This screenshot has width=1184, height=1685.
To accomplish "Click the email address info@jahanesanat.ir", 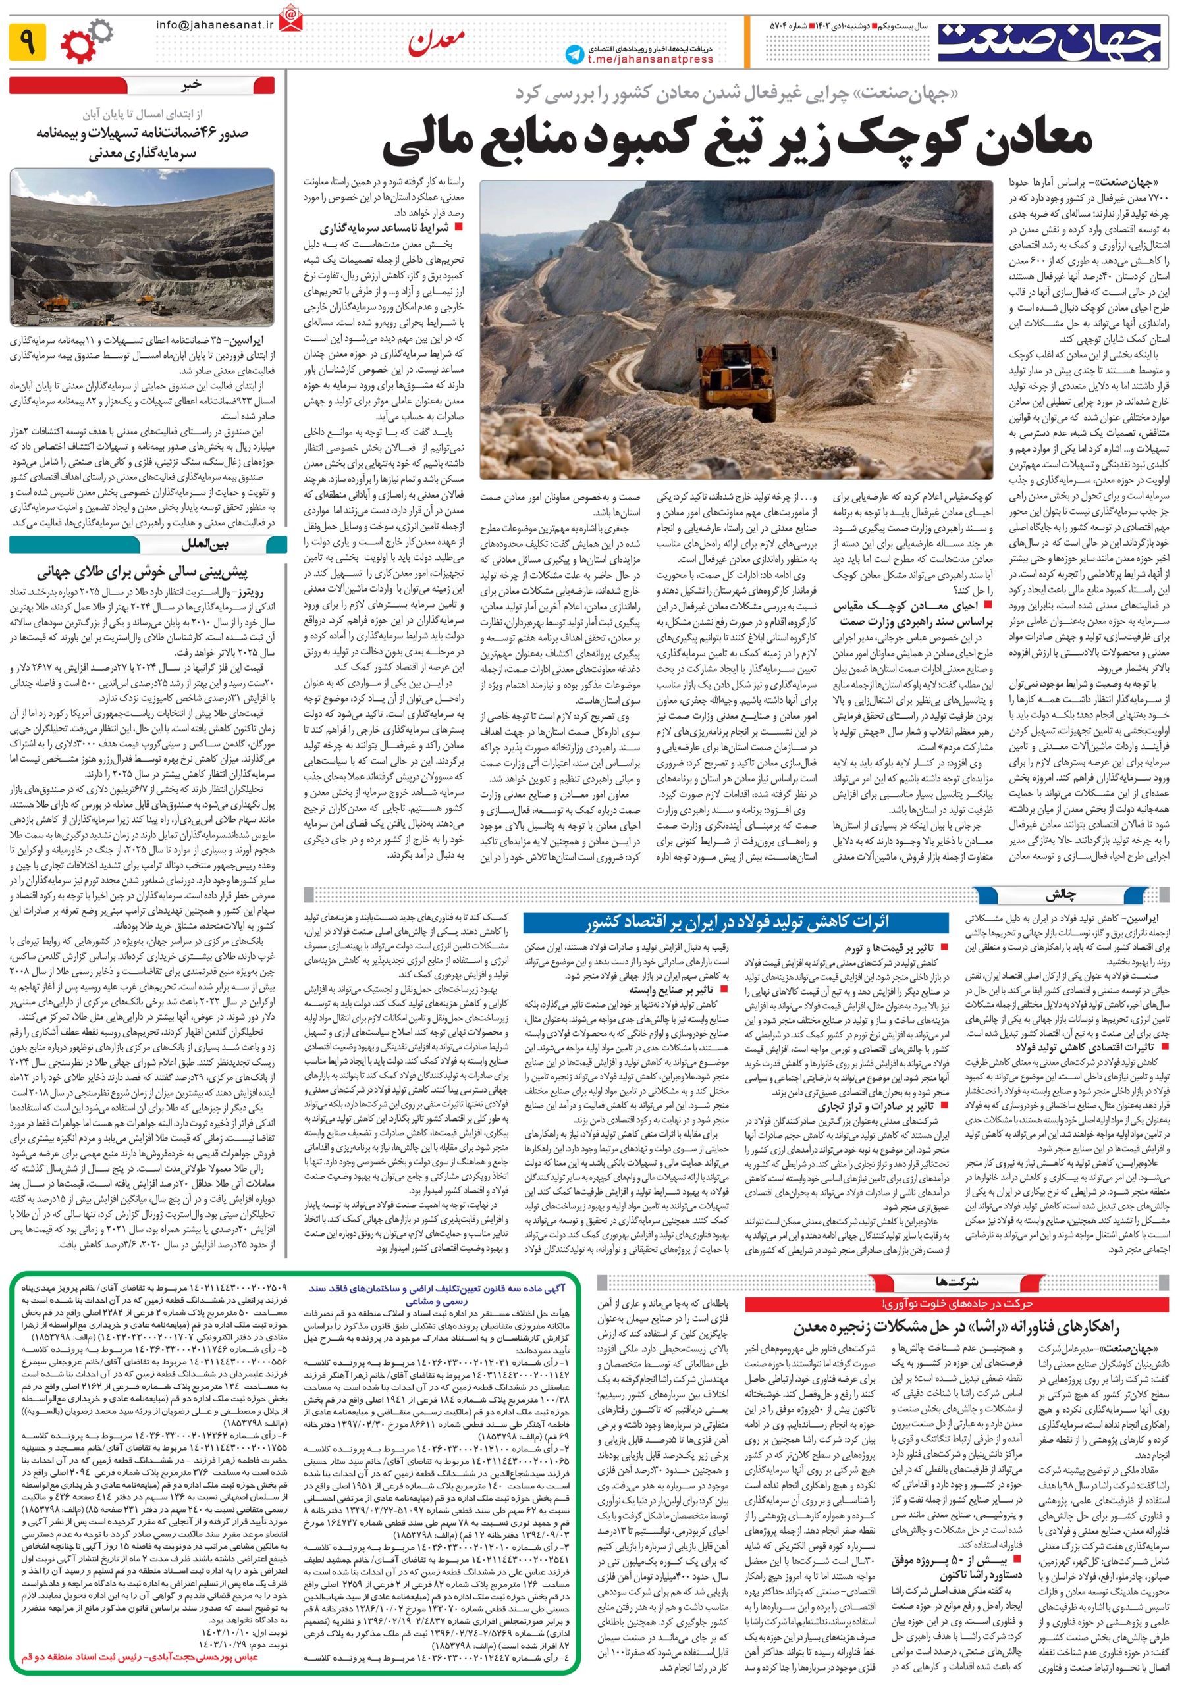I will pyautogui.click(x=213, y=25).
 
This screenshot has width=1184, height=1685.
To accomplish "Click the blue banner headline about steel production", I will pyautogui.click(x=737, y=923).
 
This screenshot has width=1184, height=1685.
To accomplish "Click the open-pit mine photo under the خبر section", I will pyautogui.click(x=142, y=248).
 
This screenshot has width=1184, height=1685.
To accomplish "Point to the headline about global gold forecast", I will pyautogui.click(x=142, y=572).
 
